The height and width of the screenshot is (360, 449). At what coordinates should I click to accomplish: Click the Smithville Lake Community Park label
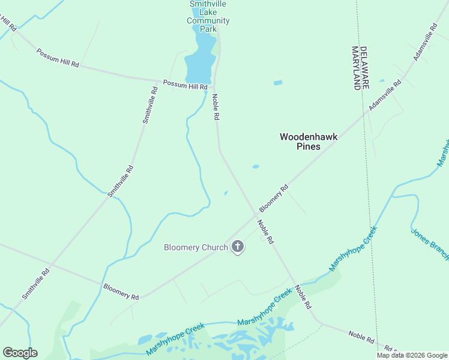point(208,16)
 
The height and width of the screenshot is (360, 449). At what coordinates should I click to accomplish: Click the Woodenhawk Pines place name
point(309,142)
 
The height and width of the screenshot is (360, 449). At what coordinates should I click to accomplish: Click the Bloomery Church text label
point(196,247)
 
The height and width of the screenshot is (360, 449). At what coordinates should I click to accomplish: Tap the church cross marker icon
point(238,246)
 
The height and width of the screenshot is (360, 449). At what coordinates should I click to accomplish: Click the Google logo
point(20,352)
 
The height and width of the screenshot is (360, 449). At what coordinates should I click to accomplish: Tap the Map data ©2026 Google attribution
point(412,355)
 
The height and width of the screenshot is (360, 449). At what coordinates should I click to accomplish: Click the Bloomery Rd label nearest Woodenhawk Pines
point(274,198)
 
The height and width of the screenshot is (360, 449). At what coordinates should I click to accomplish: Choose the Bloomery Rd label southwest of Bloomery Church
point(121,292)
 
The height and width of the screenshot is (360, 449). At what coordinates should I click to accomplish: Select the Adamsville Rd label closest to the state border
point(385,96)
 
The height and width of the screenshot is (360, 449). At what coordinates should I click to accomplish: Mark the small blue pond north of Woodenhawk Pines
point(277,83)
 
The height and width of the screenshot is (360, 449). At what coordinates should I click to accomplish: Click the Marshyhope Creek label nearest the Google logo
point(175,339)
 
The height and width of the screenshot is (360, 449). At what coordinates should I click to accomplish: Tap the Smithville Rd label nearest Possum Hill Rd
point(150,105)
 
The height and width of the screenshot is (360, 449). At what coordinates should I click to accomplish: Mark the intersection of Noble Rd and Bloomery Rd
point(255,217)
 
